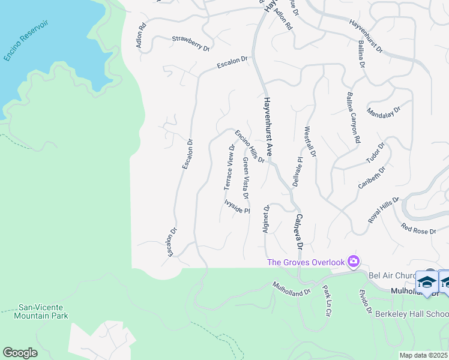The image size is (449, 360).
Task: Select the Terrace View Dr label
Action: click(x=230, y=167)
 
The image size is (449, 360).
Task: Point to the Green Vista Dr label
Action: click(x=246, y=178)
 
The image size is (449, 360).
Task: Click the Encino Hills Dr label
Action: click(x=250, y=146)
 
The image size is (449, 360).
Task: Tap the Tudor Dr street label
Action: click(x=375, y=154)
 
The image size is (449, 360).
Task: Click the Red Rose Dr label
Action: click(x=419, y=229)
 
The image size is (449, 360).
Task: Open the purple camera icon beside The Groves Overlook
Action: click(x=354, y=261)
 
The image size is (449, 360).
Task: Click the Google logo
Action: click(x=20, y=352)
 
